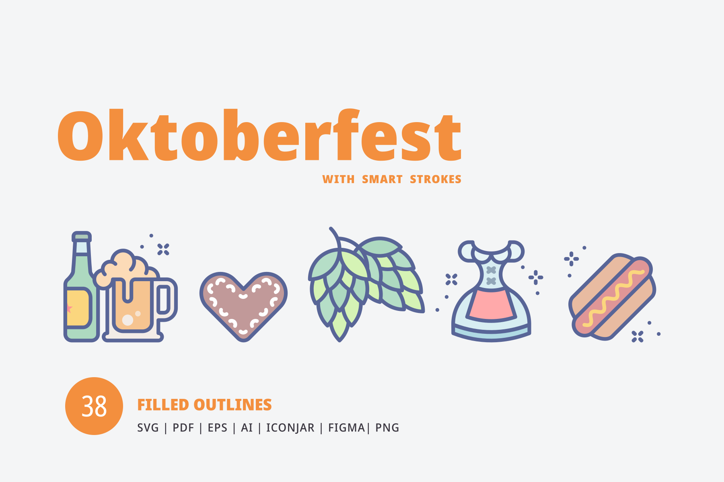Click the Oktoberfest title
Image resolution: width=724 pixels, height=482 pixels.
[259, 135]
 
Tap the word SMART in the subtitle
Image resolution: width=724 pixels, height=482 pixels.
[382, 179]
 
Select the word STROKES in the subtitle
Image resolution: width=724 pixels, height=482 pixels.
[436, 179]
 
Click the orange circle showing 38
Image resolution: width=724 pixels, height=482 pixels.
[94, 406]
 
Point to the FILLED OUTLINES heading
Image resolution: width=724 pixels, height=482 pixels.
[204, 405]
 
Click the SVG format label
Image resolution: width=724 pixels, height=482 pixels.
[148, 428]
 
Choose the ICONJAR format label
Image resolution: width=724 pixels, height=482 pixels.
[290, 428]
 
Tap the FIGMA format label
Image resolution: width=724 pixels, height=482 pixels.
[346, 428]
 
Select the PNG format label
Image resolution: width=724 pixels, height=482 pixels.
[387, 428]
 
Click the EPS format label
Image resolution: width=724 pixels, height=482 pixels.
[218, 428]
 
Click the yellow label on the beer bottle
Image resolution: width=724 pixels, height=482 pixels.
[78, 308]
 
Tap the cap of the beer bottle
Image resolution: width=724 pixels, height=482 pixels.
[82, 237]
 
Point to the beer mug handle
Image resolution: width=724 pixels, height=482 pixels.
[166, 300]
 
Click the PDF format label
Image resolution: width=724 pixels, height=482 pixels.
[183, 428]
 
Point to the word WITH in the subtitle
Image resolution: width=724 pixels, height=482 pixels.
[338, 179]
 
